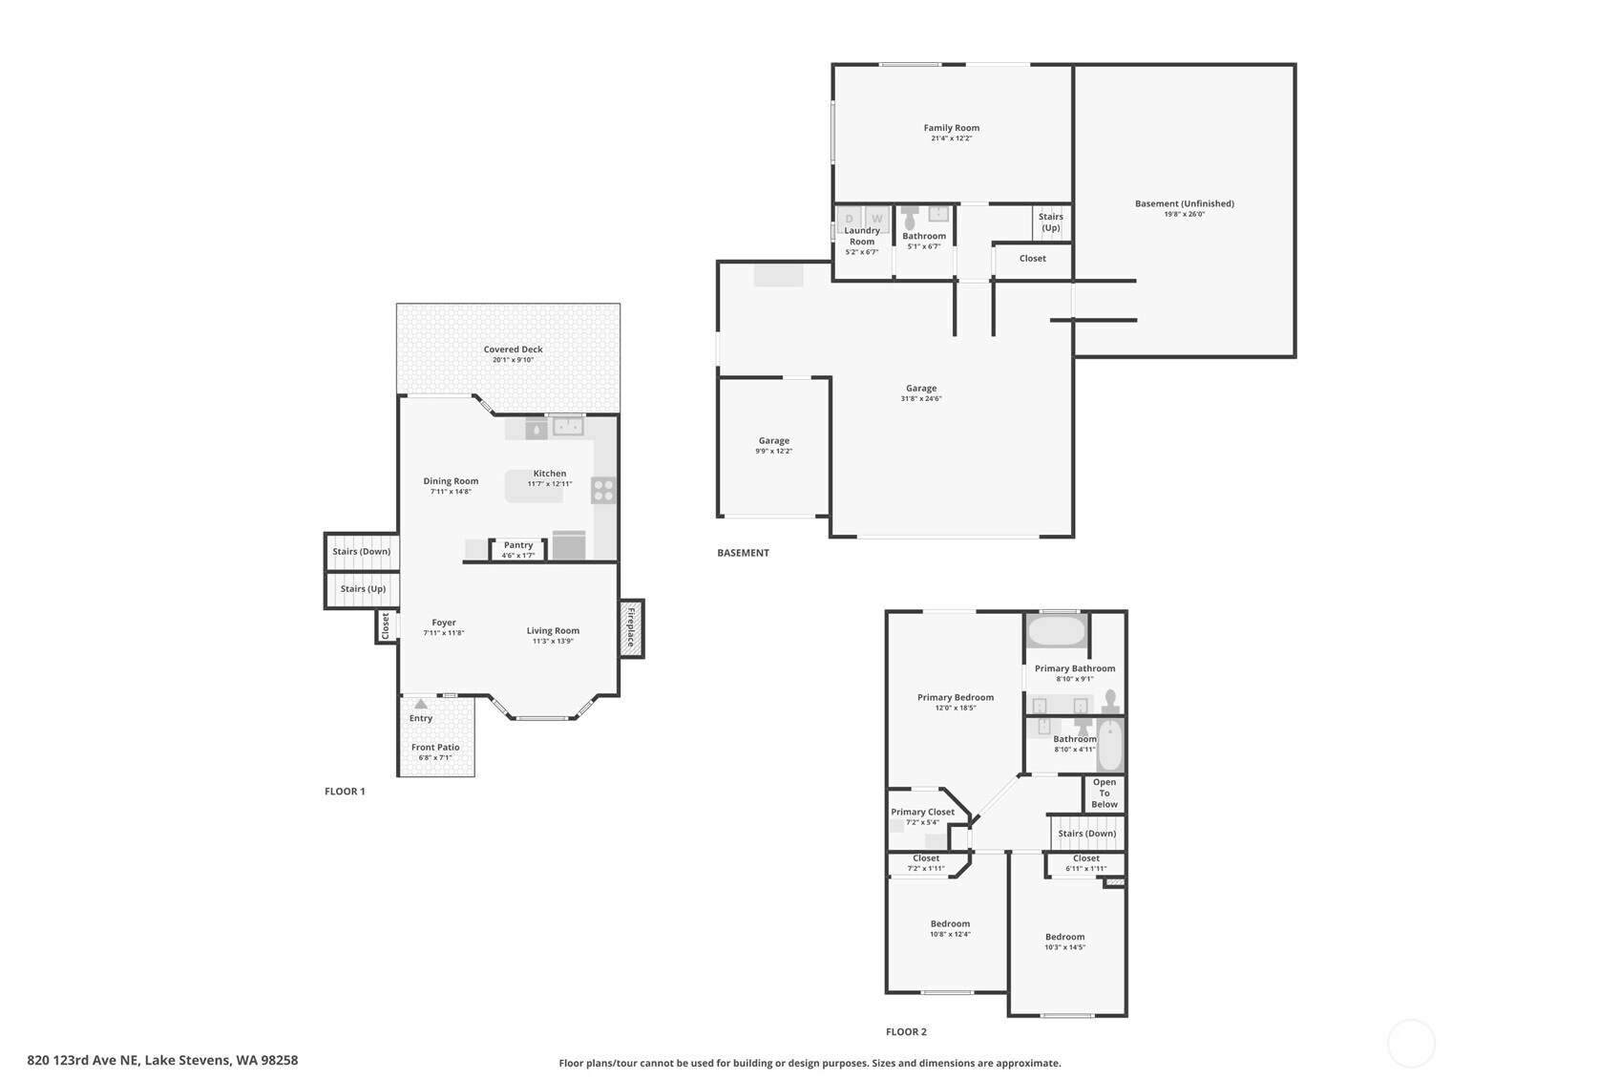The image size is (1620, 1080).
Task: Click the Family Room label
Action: pos(951,128)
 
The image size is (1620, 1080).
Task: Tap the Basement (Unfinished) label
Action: pos(1184,204)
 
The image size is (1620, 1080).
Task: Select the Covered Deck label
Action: pos(513,349)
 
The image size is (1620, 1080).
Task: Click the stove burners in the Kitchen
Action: pos(603,490)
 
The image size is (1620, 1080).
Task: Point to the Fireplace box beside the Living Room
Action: pos(631,628)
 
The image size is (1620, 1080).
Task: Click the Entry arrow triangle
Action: pos(421,704)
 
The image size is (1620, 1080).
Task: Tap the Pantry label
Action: pos(517,545)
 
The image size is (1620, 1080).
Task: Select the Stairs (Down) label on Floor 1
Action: pos(361,552)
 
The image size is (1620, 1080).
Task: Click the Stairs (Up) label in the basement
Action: pos(1051,222)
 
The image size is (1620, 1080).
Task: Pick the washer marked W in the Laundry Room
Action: pos(876,219)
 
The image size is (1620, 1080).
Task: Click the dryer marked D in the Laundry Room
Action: pos(849,219)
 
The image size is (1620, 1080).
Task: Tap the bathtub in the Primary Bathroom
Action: pos(1057,631)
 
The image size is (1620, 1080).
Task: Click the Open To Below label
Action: pos(1105,794)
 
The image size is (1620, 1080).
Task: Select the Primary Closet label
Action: pos(922,813)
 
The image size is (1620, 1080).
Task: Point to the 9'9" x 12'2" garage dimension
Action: pos(774,452)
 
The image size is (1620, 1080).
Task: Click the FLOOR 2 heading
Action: pos(906,1032)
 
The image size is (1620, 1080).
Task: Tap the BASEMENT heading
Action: pos(743,553)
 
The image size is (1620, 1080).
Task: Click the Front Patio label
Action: pos(435,748)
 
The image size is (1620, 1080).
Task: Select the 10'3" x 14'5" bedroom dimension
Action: pos(1064,947)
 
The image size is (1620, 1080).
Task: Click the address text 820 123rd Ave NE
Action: pos(82,1061)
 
